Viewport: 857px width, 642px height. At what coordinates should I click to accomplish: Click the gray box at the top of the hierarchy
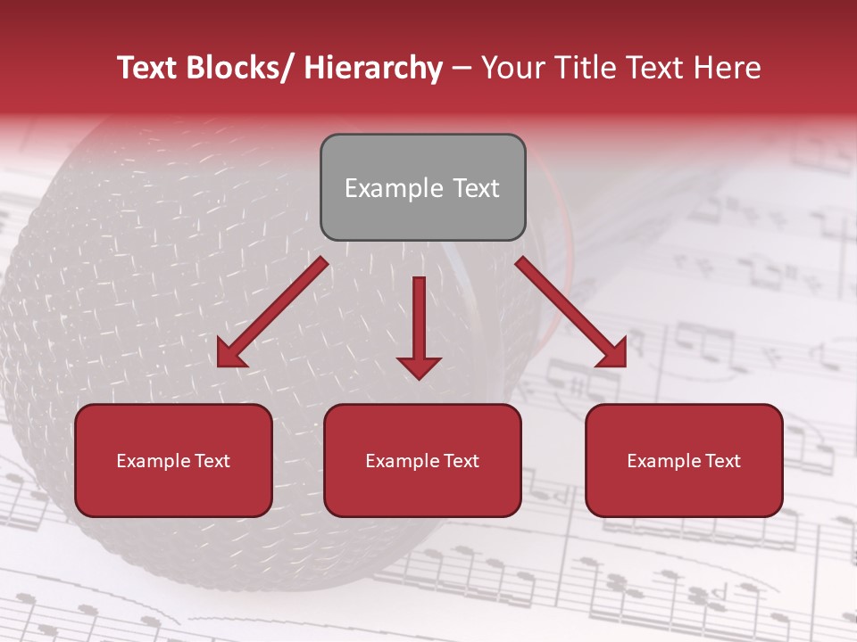click(x=422, y=187)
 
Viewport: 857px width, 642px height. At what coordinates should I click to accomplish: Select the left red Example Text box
click(x=173, y=460)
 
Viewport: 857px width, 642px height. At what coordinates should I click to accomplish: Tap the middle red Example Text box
click(x=422, y=460)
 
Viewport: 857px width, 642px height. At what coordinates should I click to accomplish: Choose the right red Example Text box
click(x=684, y=460)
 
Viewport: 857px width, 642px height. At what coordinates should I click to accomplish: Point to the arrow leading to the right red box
click(x=571, y=313)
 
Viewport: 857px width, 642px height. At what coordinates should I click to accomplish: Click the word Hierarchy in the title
click(x=373, y=68)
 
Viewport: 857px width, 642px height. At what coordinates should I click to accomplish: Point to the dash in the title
click(x=462, y=68)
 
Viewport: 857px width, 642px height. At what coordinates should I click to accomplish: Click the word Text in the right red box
click(x=721, y=461)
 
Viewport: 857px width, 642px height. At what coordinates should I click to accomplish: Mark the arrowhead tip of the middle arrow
click(x=419, y=378)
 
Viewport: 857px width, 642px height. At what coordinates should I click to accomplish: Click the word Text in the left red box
click(x=212, y=461)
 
